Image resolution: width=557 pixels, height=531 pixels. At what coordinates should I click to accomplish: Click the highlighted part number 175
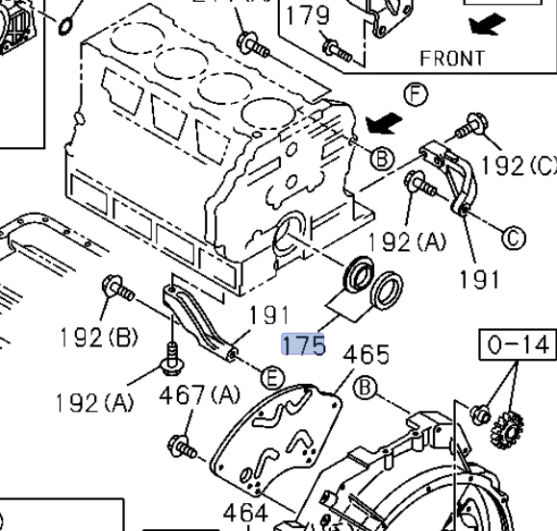click(x=303, y=344)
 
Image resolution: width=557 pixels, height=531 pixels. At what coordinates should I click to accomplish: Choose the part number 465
click(x=367, y=355)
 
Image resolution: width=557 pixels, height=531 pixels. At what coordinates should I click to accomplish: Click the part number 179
click(x=308, y=15)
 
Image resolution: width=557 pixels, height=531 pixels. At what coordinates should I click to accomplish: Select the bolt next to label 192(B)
click(x=118, y=289)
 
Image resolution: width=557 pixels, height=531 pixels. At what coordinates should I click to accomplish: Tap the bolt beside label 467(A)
click(x=182, y=447)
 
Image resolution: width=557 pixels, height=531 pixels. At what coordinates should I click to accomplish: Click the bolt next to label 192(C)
click(x=471, y=124)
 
